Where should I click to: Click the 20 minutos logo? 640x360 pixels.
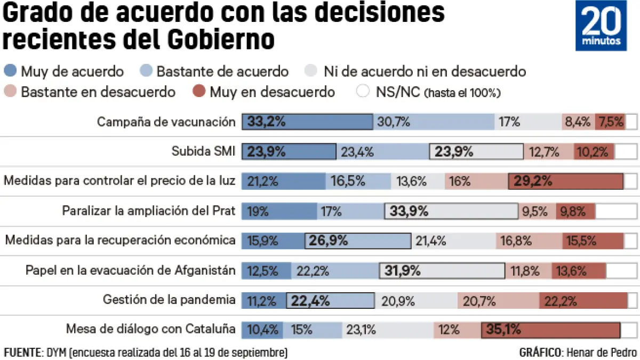pyautogui.click(x=601, y=26)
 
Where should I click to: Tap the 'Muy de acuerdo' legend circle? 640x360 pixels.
pyautogui.click(x=11, y=71)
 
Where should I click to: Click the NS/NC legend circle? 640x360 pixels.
pyautogui.click(x=363, y=92)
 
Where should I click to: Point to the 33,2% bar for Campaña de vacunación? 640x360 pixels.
pyautogui.click(x=307, y=122)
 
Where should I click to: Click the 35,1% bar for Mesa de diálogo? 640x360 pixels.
pyautogui.click(x=550, y=330)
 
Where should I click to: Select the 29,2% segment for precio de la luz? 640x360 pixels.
pyautogui.click(x=565, y=181)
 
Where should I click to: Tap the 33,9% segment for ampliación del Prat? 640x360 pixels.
pyautogui.click(x=451, y=211)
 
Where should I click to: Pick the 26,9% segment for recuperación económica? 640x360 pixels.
pyautogui.click(x=358, y=241)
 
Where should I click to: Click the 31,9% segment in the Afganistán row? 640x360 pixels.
pyautogui.click(x=442, y=271)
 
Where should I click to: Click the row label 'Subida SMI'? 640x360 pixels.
pyautogui.click(x=203, y=152)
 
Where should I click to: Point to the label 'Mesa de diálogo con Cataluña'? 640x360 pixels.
pyautogui.click(x=150, y=329)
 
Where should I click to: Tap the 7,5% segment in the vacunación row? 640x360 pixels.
pyautogui.click(x=611, y=122)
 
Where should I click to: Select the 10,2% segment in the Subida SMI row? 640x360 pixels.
pyautogui.click(x=594, y=152)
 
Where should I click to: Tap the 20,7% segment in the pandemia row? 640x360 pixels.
pyautogui.click(x=498, y=301)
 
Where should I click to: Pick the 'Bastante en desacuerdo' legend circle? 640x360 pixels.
pyautogui.click(x=11, y=92)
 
